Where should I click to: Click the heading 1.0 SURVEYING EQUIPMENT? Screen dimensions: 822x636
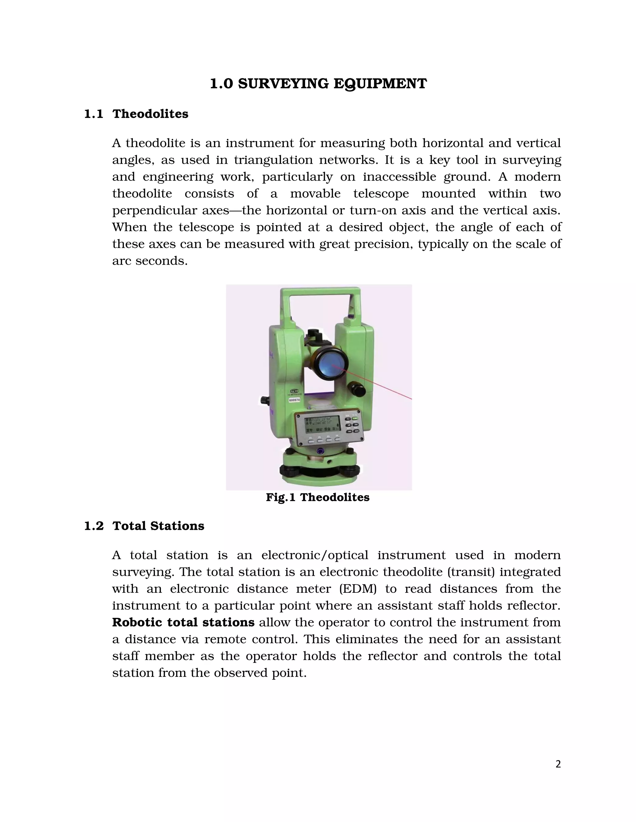[318, 83]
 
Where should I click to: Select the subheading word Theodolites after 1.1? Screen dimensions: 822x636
[150, 114]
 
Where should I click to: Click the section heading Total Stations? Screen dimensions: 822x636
[158, 526]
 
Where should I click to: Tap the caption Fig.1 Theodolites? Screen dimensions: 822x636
[318, 497]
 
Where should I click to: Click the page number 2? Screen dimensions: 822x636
[558, 764]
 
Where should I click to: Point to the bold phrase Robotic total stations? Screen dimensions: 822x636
[183, 622]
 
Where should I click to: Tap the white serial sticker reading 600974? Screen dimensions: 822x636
[294, 400]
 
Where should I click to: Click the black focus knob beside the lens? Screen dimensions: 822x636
[357, 389]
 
